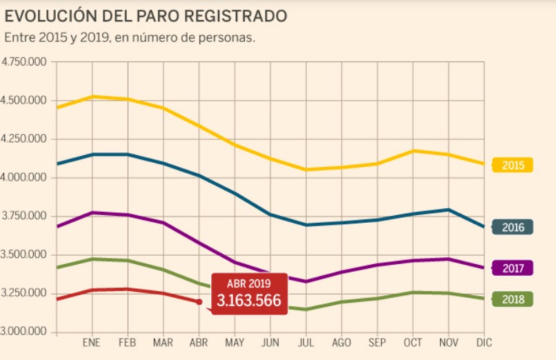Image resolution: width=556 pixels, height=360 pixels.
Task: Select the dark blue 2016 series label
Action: tap(513, 228)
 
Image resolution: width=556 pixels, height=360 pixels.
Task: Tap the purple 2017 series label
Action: tap(513, 268)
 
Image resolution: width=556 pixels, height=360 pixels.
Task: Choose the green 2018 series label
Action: tap(513, 299)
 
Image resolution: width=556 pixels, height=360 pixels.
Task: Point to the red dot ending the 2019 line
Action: tap(199, 301)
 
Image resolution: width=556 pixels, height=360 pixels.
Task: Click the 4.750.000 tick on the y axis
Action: tap(24, 62)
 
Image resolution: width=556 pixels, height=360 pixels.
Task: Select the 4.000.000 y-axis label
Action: tap(24, 178)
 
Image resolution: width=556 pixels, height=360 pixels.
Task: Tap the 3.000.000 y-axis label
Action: tap(24, 332)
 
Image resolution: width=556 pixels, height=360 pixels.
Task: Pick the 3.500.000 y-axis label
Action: tap(24, 255)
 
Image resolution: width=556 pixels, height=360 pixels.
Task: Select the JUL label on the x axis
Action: tap(306, 343)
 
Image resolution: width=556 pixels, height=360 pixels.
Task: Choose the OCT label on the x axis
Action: tap(413, 343)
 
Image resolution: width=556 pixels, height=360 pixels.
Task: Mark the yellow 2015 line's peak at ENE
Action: tap(92, 97)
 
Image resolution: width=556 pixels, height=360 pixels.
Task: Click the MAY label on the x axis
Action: tap(235, 343)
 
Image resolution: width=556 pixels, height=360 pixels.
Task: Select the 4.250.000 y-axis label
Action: tap(24, 139)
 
